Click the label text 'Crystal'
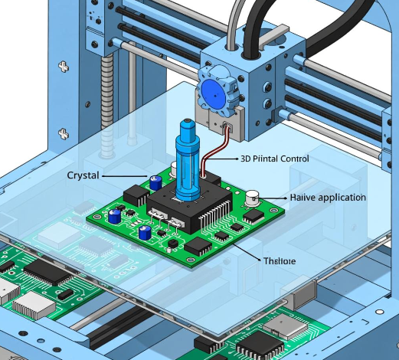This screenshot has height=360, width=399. [83, 175]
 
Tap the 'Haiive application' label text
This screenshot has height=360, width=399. [328, 198]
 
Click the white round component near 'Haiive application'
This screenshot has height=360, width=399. [252, 200]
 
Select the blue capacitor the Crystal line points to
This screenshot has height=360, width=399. [155, 182]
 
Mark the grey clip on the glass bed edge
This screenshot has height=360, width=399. [302, 293]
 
